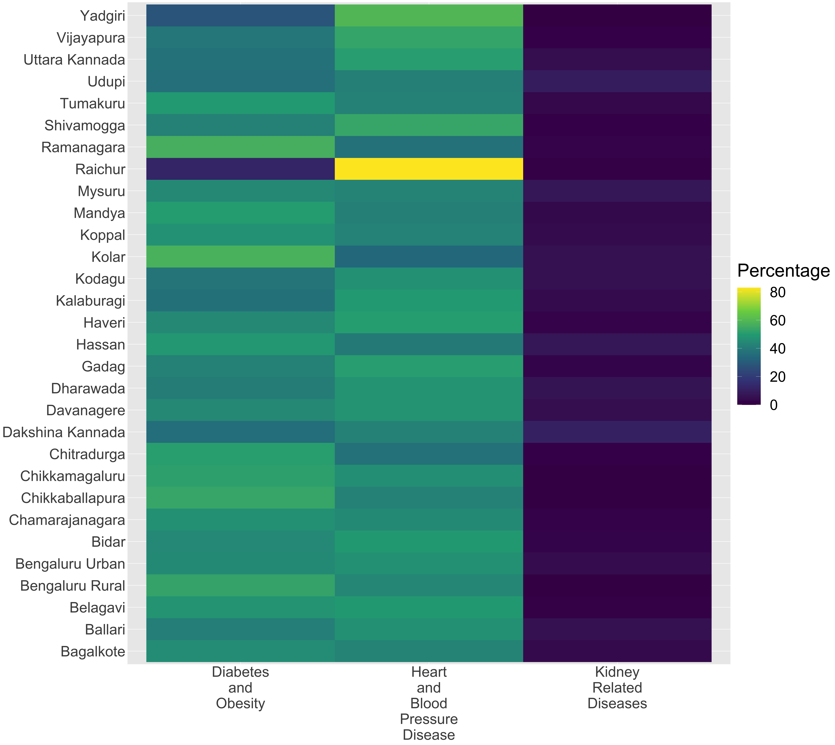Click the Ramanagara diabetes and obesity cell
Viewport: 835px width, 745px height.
pyautogui.click(x=240, y=147)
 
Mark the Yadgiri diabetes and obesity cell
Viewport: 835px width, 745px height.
pyautogui.click(x=240, y=16)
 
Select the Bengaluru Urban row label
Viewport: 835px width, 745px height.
pyautogui.click(x=70, y=564)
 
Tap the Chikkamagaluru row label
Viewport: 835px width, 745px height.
pyautogui.click(x=73, y=476)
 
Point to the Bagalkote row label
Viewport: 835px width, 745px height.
pyautogui.click(x=93, y=651)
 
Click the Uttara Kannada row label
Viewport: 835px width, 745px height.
pyautogui.click(x=74, y=60)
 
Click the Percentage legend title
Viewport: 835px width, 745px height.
pyautogui.click(x=783, y=271)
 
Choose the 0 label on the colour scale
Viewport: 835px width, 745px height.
pyautogui.click(x=774, y=405)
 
